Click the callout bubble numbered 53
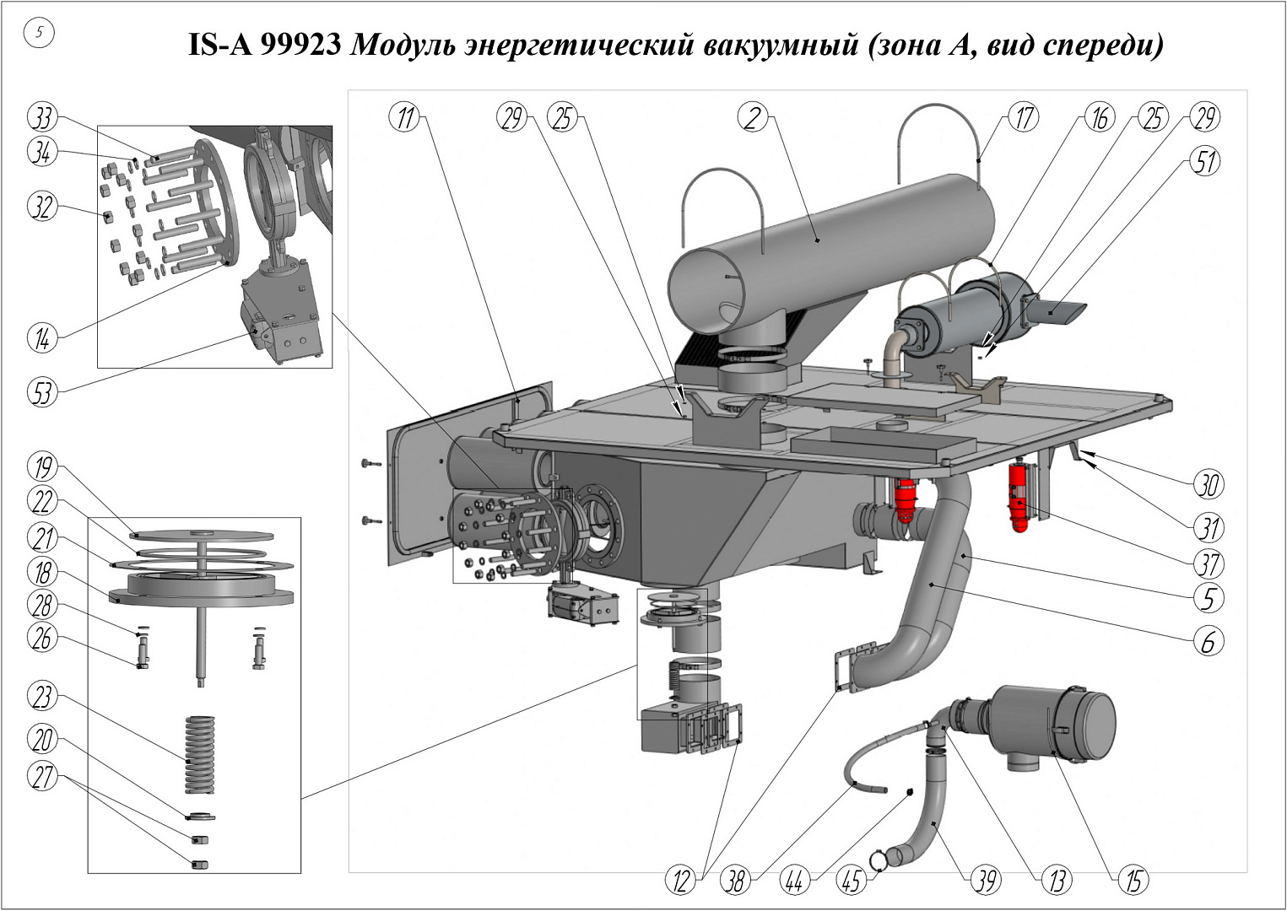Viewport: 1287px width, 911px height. [x=42, y=392]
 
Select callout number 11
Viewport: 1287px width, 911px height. [x=407, y=117]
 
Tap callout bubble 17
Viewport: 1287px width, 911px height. [x=1024, y=117]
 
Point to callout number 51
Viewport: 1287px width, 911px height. [x=1204, y=160]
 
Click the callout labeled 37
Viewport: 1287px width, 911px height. [x=1208, y=563]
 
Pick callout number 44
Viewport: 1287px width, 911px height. [x=794, y=881]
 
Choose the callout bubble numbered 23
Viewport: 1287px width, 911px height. [x=42, y=697]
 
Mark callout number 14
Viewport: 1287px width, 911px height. [x=42, y=338]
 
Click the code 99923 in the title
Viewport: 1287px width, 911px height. [x=299, y=46]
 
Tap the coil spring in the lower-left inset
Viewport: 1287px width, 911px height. [x=199, y=753]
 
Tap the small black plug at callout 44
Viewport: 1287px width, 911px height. [x=910, y=791]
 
